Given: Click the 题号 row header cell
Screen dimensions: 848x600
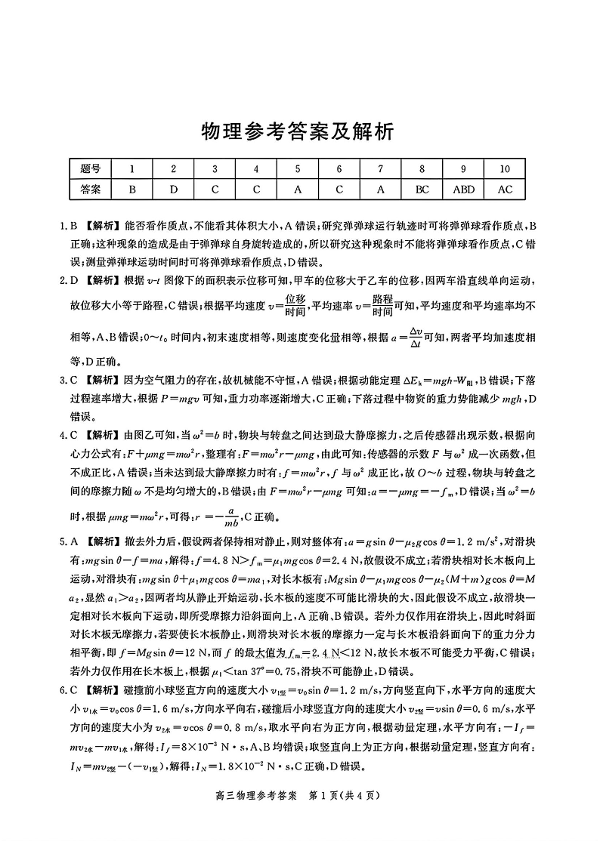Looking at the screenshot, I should click(x=90, y=169).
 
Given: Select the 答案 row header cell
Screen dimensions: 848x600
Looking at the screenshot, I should click(x=90, y=189).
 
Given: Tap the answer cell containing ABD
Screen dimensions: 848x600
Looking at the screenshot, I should click(x=463, y=189).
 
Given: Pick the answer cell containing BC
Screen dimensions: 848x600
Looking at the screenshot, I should click(x=422, y=189).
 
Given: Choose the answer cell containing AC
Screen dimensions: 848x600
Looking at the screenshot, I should click(x=504, y=189).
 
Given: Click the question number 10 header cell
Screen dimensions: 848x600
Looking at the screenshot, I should click(x=504, y=169).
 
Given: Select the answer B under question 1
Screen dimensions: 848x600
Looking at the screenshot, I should click(x=132, y=189).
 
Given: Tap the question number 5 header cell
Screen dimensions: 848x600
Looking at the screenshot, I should click(x=298, y=169).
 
